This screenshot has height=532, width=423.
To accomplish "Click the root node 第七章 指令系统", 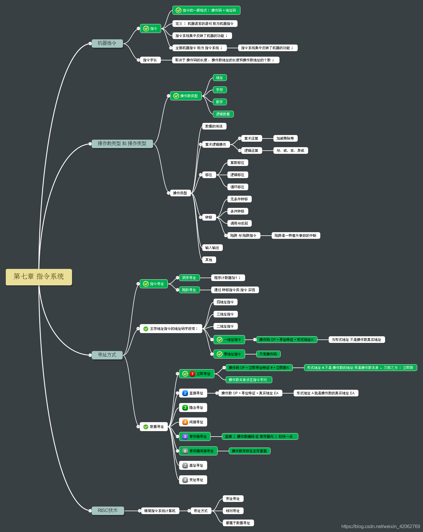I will click(x=39, y=277).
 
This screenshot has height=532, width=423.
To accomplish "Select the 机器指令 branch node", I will click(x=107, y=43).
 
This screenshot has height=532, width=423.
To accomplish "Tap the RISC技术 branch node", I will click(x=108, y=511).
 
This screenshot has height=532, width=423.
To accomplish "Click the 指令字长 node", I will click(x=150, y=60).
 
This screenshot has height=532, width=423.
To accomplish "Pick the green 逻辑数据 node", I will click(x=223, y=114).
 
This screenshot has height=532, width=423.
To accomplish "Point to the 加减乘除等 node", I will click(x=285, y=138).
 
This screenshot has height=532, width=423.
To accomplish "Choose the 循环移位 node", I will click(x=237, y=187).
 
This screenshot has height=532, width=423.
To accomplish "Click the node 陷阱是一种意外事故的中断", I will click(x=295, y=236).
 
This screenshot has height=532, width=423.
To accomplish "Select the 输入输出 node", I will click(x=212, y=248).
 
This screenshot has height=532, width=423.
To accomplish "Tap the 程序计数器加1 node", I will click(x=227, y=278).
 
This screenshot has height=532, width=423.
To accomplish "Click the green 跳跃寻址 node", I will click(x=189, y=290).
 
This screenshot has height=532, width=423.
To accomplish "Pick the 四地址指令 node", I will click(x=225, y=302).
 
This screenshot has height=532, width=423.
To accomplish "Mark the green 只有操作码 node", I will click(x=268, y=354).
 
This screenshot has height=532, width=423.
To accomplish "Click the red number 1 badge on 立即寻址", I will click(x=192, y=374).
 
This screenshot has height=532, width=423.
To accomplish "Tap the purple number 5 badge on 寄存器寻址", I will click(x=185, y=437).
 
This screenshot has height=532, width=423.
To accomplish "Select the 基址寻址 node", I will click(x=193, y=465).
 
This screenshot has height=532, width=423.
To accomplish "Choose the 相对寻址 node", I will click(x=233, y=511).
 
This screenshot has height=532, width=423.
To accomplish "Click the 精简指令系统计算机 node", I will click(x=160, y=511).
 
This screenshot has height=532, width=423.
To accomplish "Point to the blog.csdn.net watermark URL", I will click(x=380, y=527).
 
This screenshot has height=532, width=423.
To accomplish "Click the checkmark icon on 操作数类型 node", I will click(x=176, y=96).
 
